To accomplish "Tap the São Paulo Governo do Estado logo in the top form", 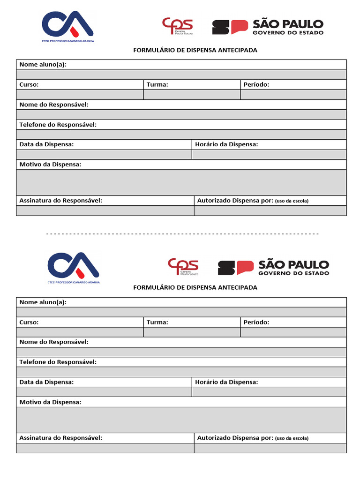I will coord(268,27).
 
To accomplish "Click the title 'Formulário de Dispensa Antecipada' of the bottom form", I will coord(195,287).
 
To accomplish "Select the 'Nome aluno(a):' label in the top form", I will coord(43,65).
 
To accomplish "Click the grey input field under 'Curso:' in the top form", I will coord(80,95).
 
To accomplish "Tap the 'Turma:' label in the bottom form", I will coord(157,322).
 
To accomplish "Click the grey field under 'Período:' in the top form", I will coord(293,95).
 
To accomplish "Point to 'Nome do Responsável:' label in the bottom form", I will coord(54,342).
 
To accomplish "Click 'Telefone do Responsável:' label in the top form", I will coord(58,125).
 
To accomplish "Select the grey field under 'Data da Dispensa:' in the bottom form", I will coord(104,392).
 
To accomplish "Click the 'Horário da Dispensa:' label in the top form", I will coord(226,144).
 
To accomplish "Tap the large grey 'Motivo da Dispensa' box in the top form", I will coord(181,182).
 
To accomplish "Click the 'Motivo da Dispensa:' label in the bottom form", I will coord(50,402).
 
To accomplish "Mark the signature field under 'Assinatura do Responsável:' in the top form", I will coord(105,210).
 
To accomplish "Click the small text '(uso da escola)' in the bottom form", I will coord(292,438).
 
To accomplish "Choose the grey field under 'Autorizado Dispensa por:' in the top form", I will coord(270,210).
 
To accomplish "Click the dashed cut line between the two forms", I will coord(183,233).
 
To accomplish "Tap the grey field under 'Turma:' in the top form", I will coord(192,95).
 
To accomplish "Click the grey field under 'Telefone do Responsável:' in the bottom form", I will coord(181,372).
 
